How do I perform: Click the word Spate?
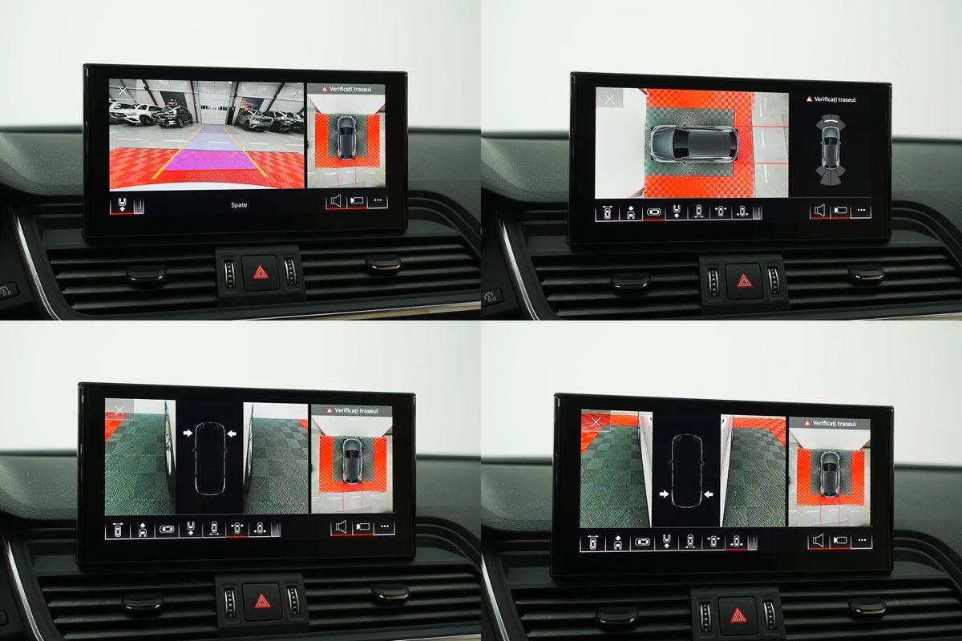click(x=239, y=205)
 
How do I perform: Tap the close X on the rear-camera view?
click(x=123, y=91)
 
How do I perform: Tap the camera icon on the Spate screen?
click(x=357, y=201)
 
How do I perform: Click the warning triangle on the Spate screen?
click(x=325, y=89)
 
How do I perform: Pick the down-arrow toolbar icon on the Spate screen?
click(x=122, y=205)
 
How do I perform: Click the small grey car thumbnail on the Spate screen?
click(x=346, y=137)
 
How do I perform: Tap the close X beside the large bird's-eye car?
click(x=610, y=99)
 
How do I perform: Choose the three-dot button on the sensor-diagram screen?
click(x=860, y=211)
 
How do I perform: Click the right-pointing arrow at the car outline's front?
click(x=188, y=433)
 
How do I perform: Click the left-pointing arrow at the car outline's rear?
click(x=709, y=495)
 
